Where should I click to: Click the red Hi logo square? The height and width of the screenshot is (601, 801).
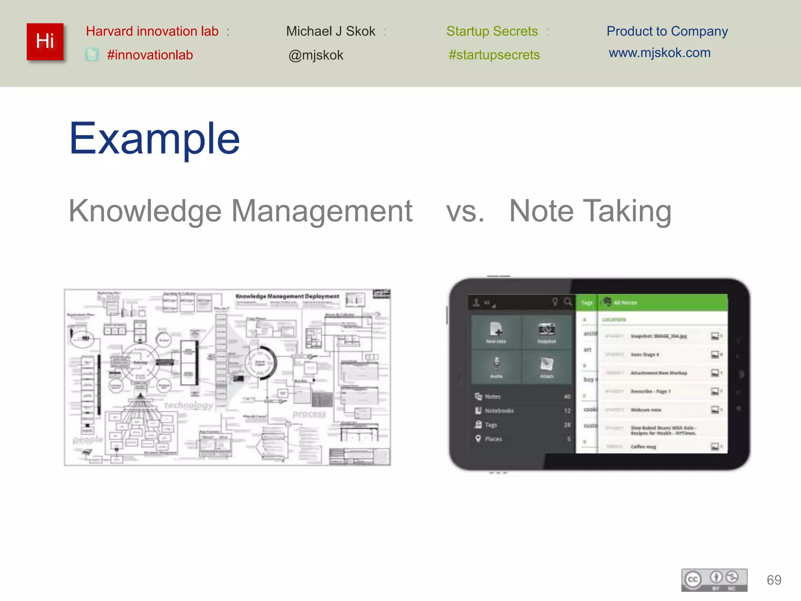(45, 41)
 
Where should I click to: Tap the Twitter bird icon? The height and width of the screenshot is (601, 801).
(92, 55)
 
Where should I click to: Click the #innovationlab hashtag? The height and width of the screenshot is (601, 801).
(150, 55)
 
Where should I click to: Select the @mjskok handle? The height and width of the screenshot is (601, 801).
(316, 55)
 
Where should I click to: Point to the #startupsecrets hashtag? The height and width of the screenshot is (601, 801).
(494, 55)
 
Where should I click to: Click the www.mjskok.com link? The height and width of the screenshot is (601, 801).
(659, 53)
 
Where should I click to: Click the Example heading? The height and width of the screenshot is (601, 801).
(154, 139)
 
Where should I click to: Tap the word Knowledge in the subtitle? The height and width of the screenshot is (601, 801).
(145, 211)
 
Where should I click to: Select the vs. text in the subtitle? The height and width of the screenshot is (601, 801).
(465, 211)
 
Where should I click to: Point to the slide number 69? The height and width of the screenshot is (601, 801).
(774, 580)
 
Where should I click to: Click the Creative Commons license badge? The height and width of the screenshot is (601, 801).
(714, 580)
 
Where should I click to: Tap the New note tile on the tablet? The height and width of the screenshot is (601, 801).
(496, 332)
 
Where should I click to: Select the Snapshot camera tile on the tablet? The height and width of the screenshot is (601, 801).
(546, 332)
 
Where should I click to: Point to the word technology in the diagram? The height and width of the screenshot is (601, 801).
(189, 405)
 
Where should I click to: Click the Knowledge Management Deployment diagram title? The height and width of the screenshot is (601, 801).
(287, 296)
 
